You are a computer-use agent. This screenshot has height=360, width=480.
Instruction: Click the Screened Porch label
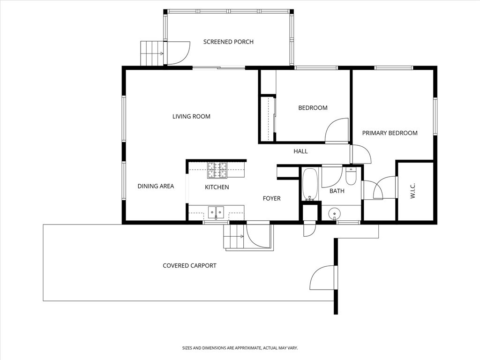[x=228, y=42]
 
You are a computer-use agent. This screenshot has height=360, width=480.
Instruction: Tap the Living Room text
[x=191, y=116]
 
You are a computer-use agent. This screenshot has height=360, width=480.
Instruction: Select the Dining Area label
[x=156, y=186]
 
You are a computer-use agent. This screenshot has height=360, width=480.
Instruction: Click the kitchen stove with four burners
[x=217, y=170]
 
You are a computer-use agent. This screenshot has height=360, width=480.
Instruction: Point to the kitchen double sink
[x=216, y=212]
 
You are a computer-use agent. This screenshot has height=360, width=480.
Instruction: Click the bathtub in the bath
[x=310, y=184]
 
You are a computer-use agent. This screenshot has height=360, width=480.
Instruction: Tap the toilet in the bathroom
[x=351, y=176]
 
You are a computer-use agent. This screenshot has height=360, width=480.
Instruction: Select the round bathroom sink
[x=334, y=213]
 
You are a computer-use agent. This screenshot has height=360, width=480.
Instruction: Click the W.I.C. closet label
[x=413, y=191]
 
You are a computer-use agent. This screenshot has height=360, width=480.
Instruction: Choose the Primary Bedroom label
[x=390, y=133]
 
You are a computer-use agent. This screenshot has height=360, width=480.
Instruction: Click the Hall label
[x=300, y=151]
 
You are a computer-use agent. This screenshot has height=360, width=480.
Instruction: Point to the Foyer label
[x=271, y=198]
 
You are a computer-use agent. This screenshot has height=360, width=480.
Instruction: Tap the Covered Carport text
[x=189, y=265]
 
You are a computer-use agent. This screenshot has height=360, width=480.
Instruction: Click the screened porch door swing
[x=178, y=52]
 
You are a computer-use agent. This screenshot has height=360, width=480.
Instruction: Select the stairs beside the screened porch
[x=151, y=53]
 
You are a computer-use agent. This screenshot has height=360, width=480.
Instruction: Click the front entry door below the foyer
[x=258, y=235]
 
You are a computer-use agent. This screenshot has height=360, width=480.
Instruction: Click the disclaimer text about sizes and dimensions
[x=240, y=348]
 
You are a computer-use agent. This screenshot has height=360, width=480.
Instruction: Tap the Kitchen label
[x=217, y=187]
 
